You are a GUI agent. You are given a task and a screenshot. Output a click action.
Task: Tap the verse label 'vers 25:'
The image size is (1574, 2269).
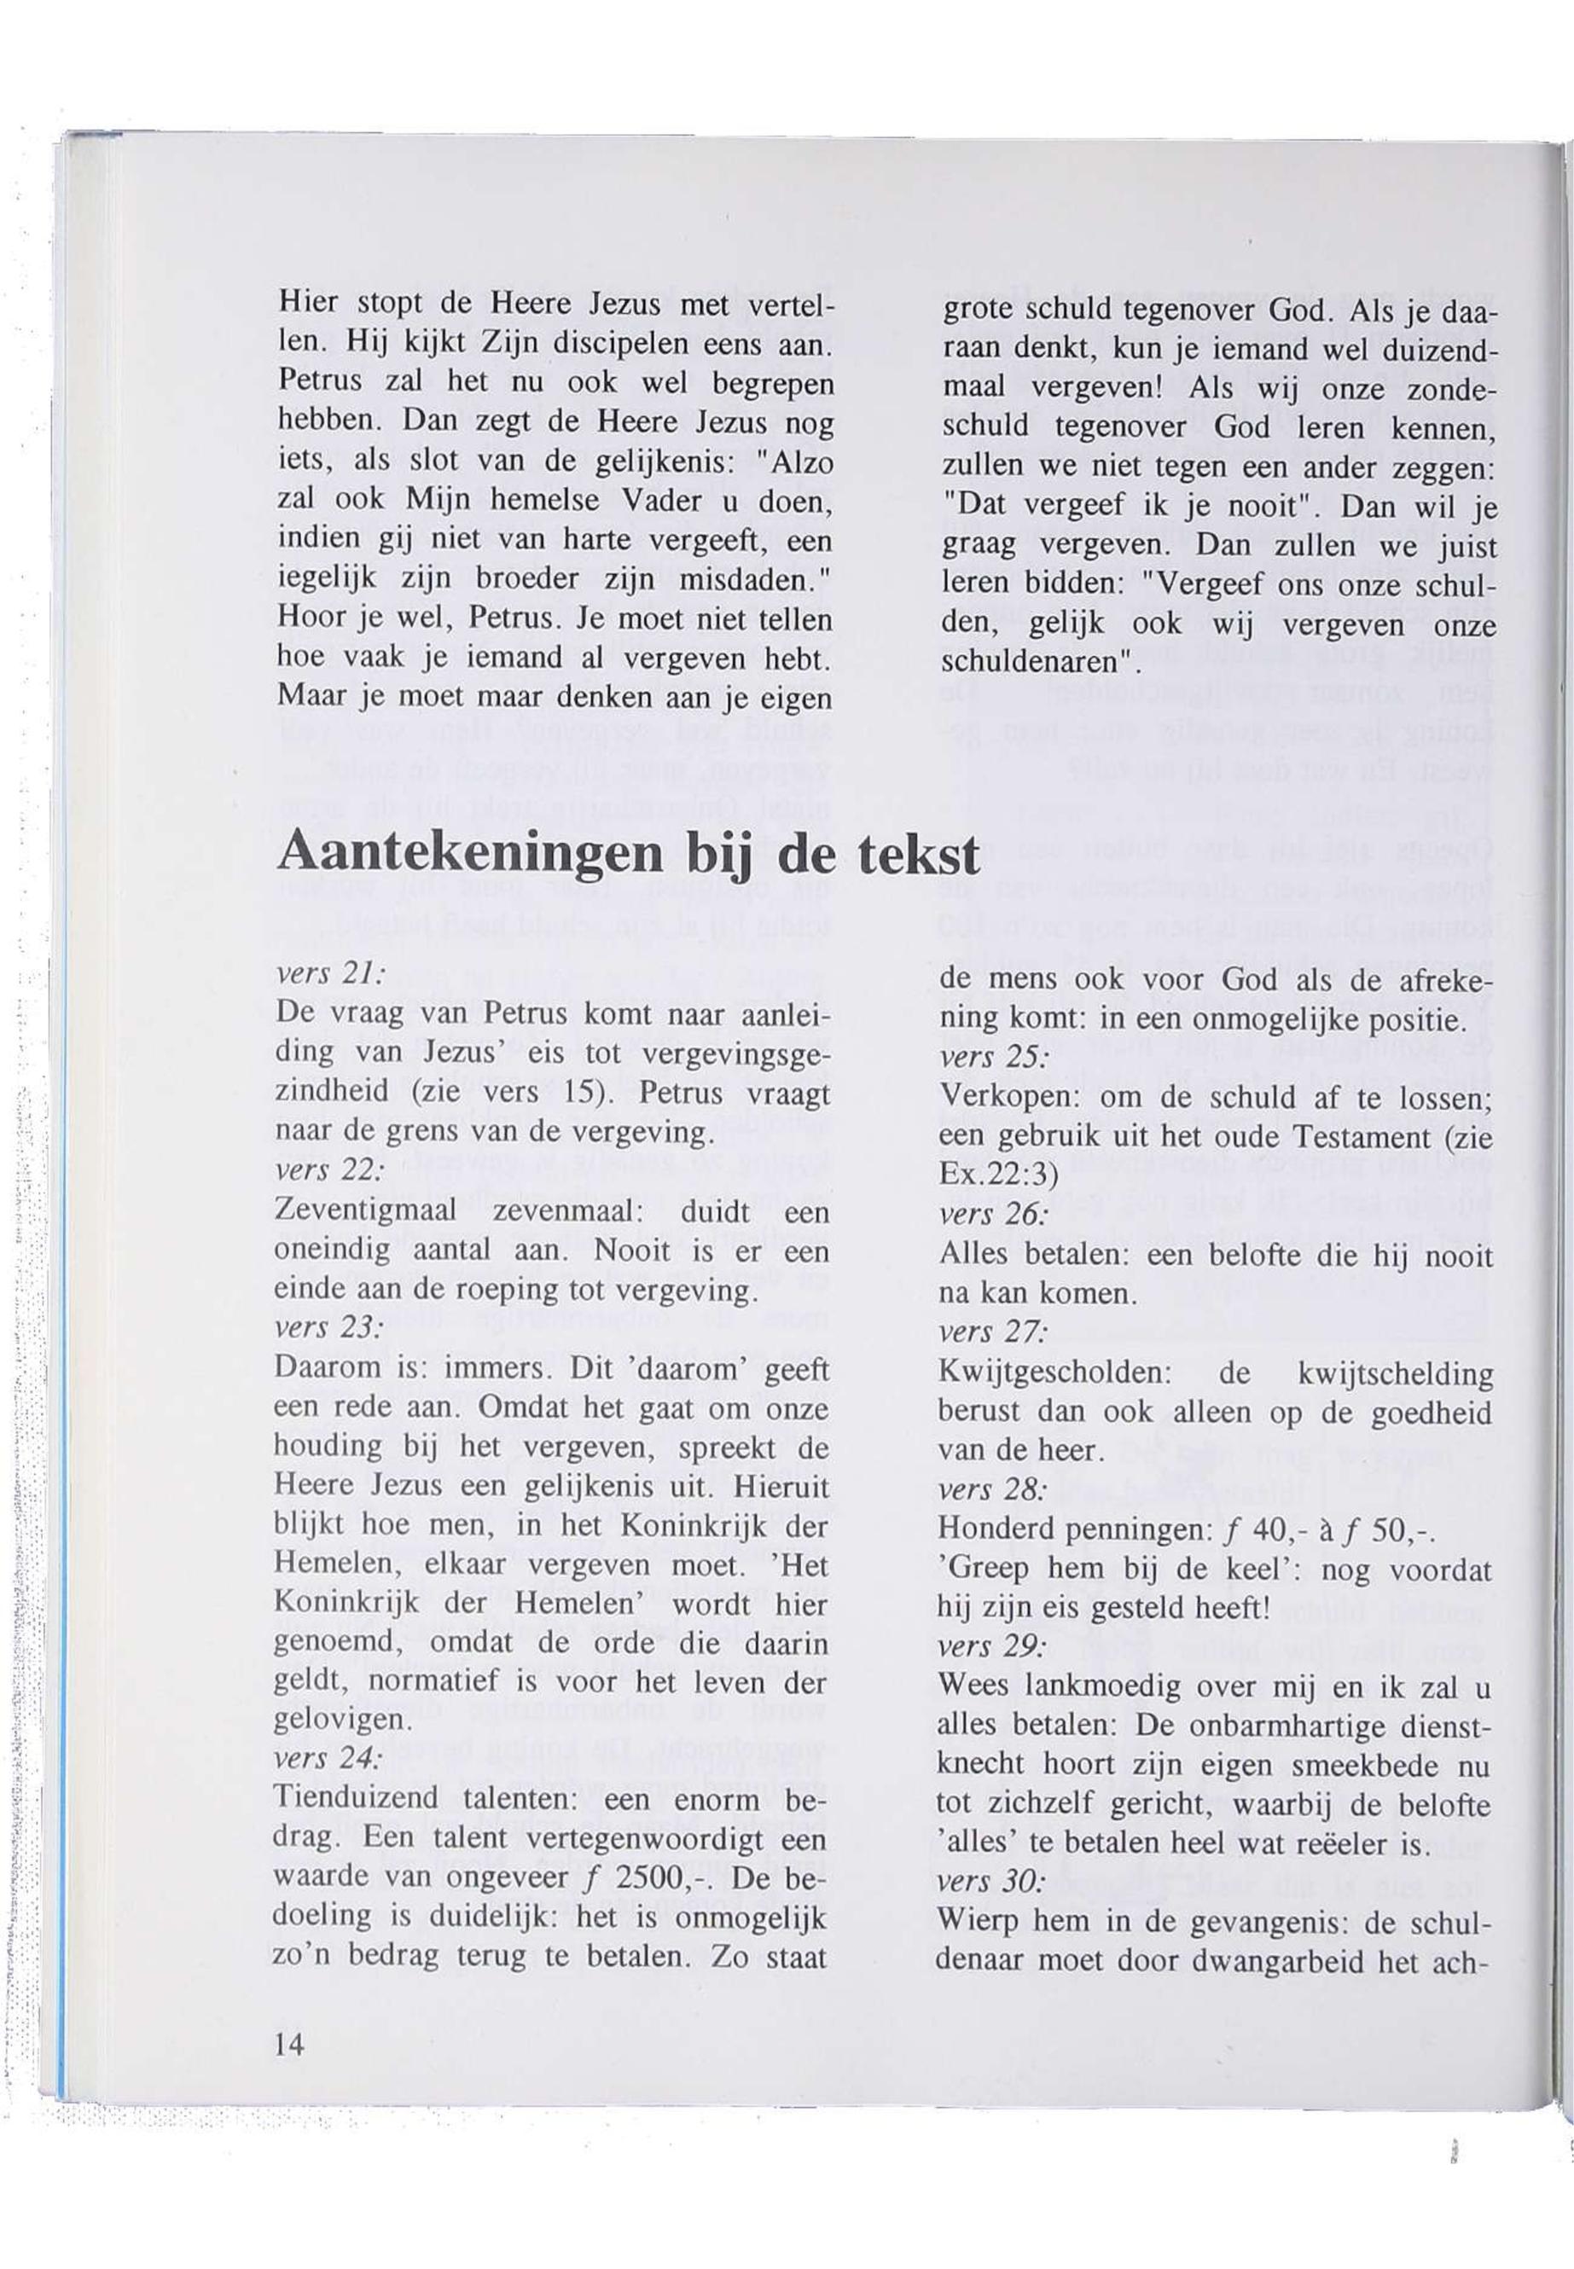pos(993,1055)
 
